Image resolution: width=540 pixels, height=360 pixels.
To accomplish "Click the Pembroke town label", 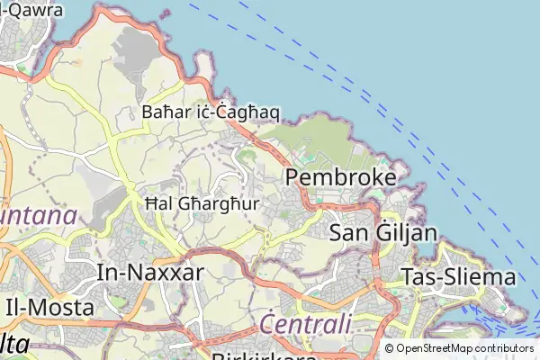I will [x=341, y=177].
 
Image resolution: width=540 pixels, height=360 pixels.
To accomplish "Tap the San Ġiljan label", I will [x=383, y=233].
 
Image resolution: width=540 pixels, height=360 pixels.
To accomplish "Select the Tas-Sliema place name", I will [x=459, y=276].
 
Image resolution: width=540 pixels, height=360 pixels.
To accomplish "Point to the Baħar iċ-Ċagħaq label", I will [x=211, y=112].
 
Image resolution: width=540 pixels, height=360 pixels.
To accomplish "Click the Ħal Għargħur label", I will [x=202, y=204].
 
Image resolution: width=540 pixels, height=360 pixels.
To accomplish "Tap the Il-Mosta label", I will [x=49, y=307].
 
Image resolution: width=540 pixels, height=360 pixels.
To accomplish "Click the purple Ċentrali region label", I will [x=304, y=323].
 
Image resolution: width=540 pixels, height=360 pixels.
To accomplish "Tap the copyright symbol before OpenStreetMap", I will [x=389, y=348].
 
